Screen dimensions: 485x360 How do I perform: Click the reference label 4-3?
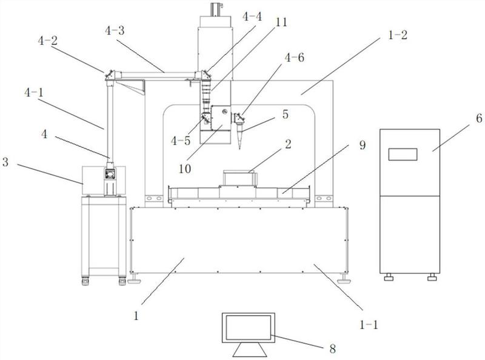115,31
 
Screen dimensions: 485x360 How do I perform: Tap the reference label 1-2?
398,35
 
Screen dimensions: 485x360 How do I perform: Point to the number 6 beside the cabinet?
479,118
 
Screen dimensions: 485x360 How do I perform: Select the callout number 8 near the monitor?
332,349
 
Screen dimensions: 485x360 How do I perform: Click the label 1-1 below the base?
369,324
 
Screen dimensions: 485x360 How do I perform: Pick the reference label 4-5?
181,141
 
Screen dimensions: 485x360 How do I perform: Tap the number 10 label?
185,169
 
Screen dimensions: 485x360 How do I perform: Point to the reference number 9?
363,145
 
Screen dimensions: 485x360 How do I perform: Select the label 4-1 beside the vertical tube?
34,93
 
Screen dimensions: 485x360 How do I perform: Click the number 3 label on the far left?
5,162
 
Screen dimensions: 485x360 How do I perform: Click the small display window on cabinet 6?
403,155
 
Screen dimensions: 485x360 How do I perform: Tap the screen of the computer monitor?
249,327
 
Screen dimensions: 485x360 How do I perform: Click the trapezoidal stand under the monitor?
250,350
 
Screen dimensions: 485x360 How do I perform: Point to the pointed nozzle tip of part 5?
240,149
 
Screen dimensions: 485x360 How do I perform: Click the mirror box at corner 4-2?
110,75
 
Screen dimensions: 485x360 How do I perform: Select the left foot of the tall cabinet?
388,278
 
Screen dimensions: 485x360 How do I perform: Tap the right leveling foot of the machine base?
344,279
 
